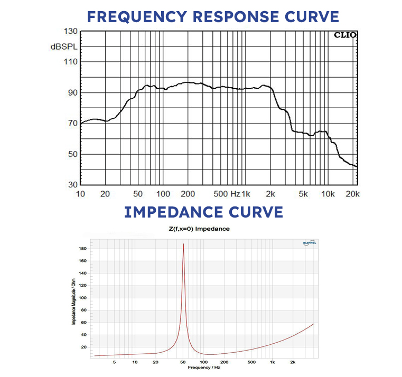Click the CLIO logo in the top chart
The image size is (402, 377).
(345, 35)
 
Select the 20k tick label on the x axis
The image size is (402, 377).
(352, 194)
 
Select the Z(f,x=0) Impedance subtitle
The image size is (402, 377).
(200, 229)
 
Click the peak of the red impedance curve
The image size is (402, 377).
(183, 244)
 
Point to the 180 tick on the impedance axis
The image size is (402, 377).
(82, 248)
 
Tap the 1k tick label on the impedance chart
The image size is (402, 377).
(273, 362)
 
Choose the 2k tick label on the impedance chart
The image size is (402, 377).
(293, 362)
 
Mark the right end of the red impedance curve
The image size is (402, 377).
(314, 324)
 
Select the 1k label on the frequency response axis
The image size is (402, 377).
(247, 194)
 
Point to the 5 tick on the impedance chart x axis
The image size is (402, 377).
(115, 362)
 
